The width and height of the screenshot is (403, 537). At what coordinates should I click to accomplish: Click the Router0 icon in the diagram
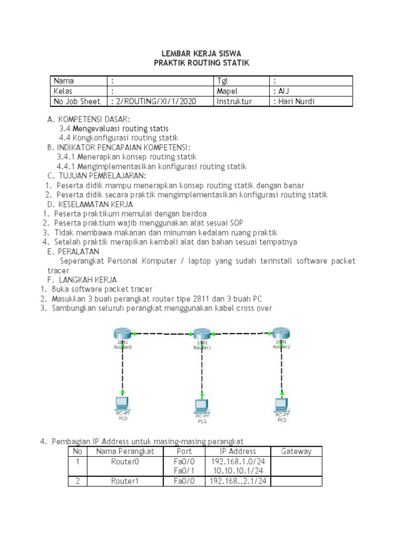122,333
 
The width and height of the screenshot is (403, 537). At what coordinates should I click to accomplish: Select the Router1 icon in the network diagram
201,334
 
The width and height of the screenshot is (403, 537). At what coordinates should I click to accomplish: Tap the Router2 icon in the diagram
282,332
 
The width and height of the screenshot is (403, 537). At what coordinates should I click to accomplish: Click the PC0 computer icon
122,404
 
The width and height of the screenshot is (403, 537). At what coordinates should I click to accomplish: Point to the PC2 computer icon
282,405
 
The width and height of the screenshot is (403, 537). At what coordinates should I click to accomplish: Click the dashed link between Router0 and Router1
162,334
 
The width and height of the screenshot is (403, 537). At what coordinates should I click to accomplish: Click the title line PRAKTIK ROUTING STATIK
201,63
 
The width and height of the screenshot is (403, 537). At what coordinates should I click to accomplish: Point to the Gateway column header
296,451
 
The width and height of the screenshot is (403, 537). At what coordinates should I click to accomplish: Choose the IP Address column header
238,451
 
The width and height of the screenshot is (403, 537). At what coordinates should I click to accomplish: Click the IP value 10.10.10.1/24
238,471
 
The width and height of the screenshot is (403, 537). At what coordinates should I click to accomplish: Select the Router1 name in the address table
124,481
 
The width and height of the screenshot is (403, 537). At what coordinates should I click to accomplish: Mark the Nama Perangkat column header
124,451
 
